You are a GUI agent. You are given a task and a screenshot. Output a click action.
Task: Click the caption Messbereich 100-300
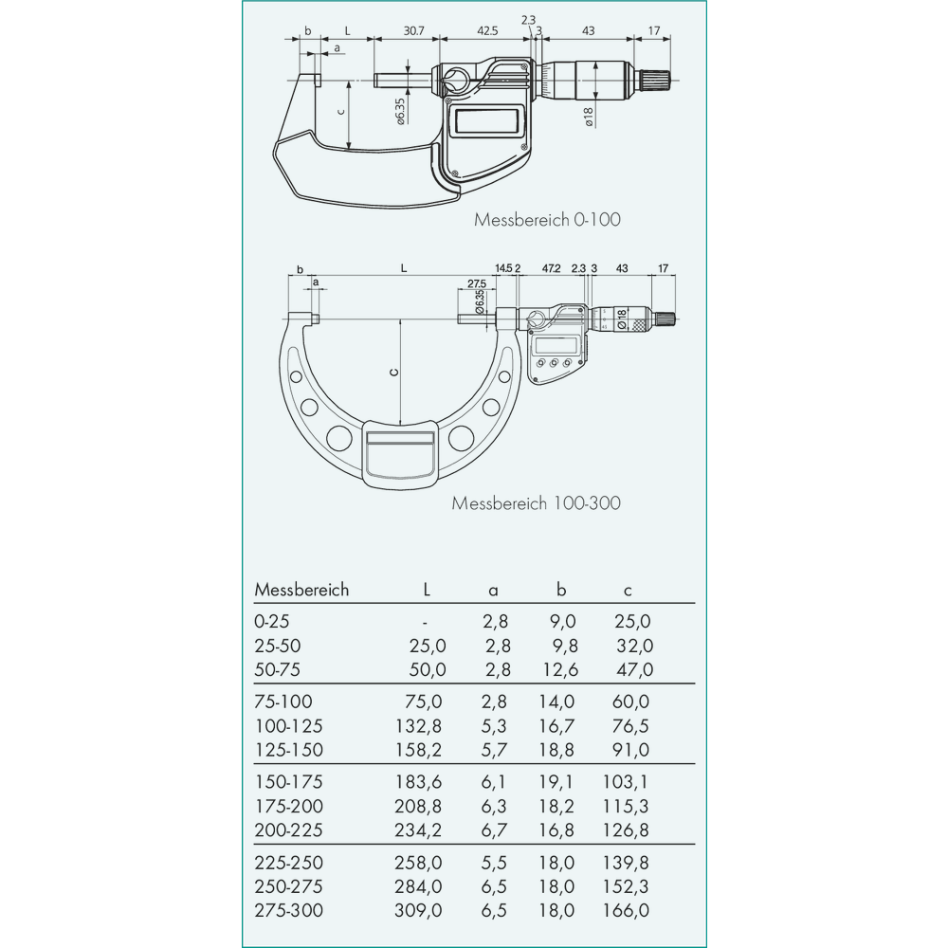pyautogui.click(x=536, y=502)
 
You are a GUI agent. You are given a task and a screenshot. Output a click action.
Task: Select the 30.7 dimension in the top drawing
pyautogui.click(x=412, y=31)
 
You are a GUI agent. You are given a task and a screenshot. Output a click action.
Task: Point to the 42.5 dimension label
pyautogui.click(x=487, y=31)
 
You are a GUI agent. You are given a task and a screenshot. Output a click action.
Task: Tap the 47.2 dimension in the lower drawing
pyautogui.click(x=551, y=269)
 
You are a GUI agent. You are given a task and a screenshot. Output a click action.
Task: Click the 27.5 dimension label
pyautogui.click(x=477, y=284)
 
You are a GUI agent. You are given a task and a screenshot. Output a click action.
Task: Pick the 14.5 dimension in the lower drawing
pyautogui.click(x=504, y=269)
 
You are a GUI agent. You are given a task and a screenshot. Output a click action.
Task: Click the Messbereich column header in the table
pyautogui.click(x=301, y=590)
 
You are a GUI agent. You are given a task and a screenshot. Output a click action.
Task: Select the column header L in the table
pyautogui.click(x=427, y=590)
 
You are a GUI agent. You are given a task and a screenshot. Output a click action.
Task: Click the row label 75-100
pyautogui.click(x=283, y=702)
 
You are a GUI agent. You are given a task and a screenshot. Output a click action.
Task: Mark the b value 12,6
pyautogui.click(x=560, y=670)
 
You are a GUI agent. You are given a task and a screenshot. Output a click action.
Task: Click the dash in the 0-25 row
pyautogui.click(x=427, y=622)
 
